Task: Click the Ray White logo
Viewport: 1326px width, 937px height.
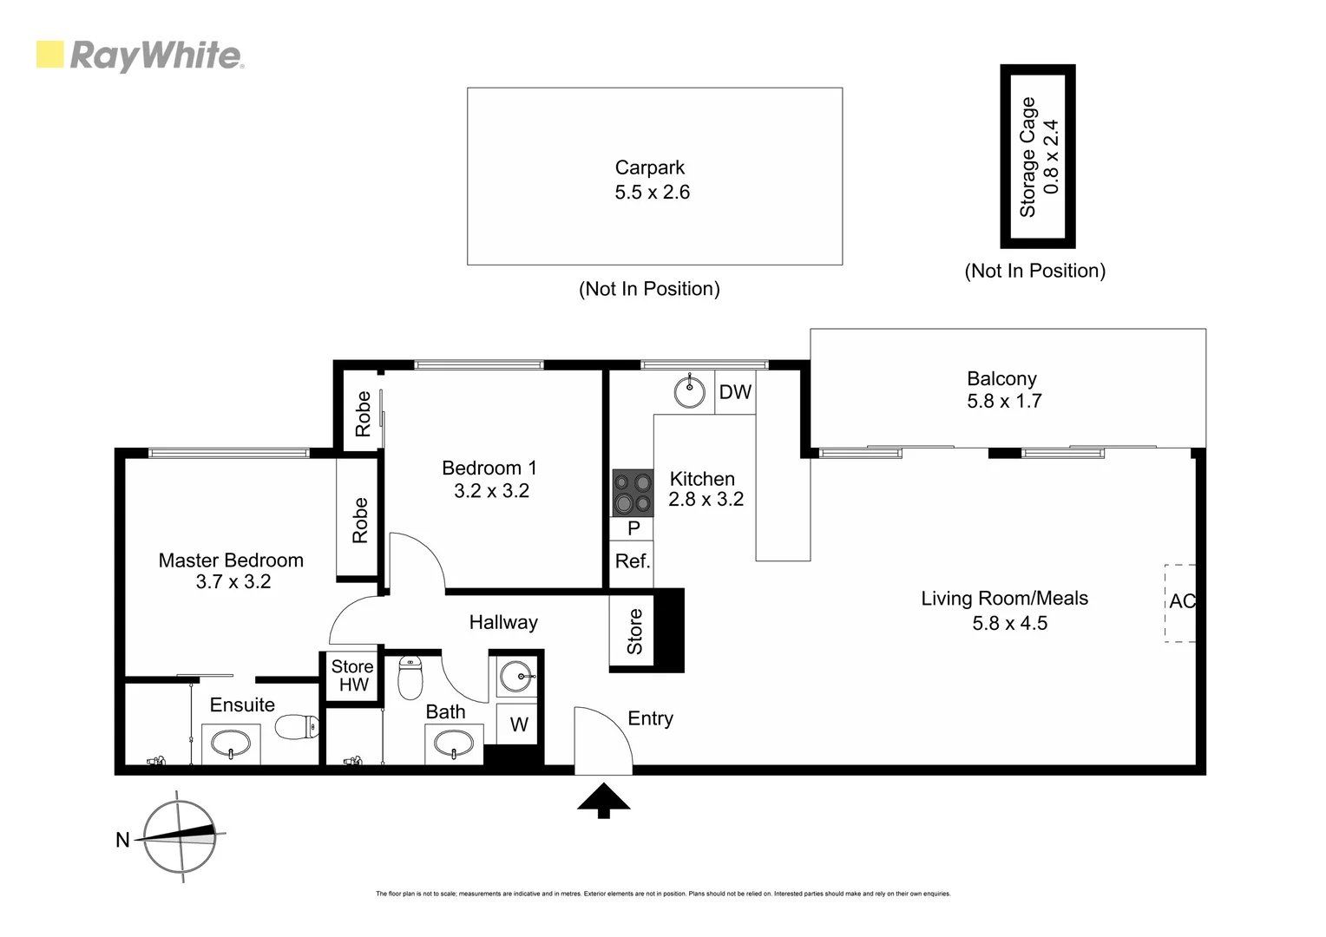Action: (x=140, y=56)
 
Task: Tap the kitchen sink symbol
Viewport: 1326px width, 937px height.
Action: (x=690, y=391)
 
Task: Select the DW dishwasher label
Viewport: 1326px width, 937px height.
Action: (x=735, y=392)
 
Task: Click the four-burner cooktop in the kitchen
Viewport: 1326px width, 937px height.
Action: (x=632, y=493)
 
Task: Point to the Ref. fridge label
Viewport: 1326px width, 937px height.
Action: (x=632, y=561)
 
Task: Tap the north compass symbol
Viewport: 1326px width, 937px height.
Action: (x=180, y=836)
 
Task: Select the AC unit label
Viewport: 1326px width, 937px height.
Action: (x=1181, y=601)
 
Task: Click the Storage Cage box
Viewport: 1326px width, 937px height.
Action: (x=1038, y=157)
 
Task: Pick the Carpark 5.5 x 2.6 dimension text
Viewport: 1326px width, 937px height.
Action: (x=652, y=193)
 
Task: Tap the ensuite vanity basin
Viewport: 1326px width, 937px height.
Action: (x=231, y=744)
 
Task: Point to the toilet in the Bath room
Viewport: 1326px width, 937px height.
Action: (x=410, y=677)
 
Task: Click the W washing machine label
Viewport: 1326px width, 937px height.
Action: (x=518, y=724)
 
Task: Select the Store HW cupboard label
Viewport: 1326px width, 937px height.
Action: (x=351, y=676)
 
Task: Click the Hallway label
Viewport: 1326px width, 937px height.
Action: (x=503, y=622)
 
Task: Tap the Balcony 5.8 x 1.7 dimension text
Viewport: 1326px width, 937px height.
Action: (x=1004, y=402)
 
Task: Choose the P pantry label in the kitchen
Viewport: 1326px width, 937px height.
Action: (x=633, y=528)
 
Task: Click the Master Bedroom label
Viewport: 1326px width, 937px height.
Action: (x=231, y=560)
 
